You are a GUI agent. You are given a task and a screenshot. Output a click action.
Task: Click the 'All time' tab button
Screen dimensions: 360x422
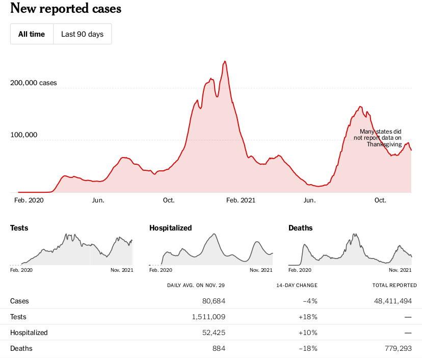tap(32, 34)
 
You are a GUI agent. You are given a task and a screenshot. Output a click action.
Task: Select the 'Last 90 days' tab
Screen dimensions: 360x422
tap(82, 34)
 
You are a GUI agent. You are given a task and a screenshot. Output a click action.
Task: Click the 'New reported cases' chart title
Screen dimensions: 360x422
tap(66, 9)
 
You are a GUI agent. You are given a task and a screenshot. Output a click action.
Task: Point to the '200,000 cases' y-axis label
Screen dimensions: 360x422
tap(34, 83)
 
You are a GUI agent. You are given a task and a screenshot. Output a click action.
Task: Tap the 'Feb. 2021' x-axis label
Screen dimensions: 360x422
tap(241, 200)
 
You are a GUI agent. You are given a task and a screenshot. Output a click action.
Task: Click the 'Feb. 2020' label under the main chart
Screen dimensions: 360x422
tap(29, 200)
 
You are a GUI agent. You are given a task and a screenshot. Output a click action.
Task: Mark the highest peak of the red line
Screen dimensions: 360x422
tap(225, 62)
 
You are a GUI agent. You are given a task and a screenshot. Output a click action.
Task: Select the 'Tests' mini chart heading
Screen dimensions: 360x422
tap(19, 228)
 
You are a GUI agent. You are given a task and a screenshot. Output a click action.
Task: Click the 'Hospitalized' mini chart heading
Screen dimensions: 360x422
tap(170, 228)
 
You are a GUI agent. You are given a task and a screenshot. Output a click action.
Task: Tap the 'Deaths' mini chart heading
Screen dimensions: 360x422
tap(300, 228)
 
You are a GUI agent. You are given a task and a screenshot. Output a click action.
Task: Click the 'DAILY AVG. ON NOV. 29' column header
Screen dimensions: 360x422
tap(196, 285)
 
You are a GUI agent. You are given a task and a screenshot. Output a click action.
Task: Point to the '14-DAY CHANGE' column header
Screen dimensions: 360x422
tap(297, 285)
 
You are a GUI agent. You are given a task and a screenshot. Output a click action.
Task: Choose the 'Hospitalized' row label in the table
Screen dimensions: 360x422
tap(29, 332)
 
